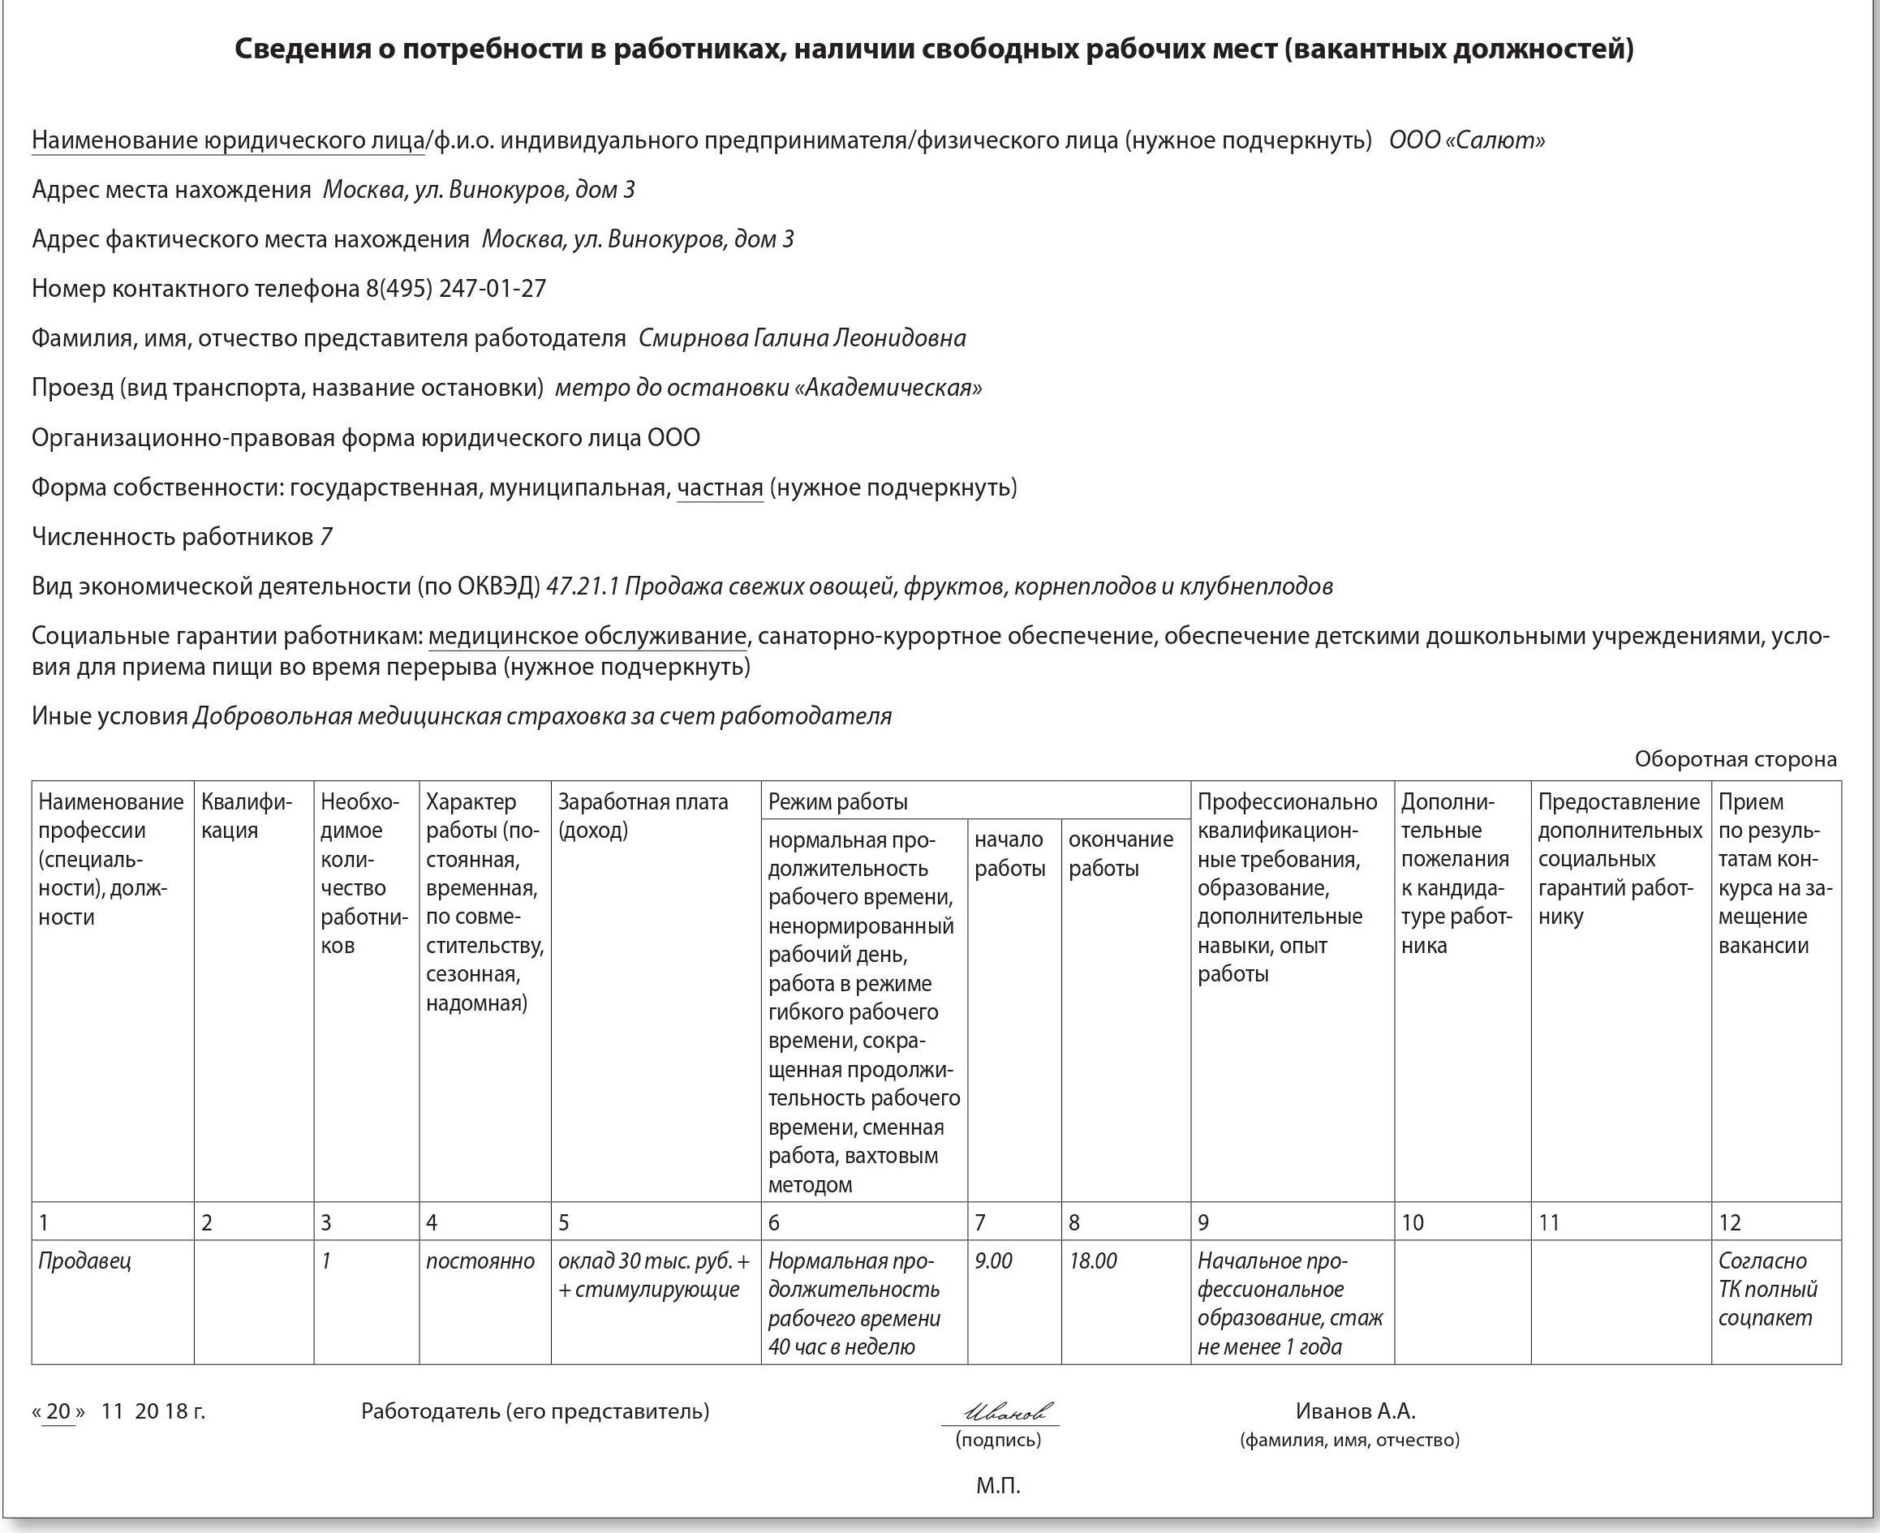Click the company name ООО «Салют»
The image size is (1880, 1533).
pos(1466,140)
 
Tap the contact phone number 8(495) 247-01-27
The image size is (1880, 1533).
pos(456,289)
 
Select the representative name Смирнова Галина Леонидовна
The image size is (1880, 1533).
pos(802,338)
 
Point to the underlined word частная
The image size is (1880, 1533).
pos(719,487)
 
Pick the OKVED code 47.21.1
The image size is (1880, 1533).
pos(583,586)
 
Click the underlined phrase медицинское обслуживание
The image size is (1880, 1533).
pos(587,636)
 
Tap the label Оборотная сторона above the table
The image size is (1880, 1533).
pos(1735,758)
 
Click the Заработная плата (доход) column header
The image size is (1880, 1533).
pos(643,816)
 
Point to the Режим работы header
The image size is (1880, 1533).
pos(837,802)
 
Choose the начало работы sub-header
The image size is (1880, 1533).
pos(1009,854)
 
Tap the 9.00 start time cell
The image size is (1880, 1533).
pos(993,1261)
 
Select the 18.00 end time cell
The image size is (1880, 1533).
pos(1093,1261)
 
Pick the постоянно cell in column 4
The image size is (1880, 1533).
pos(480,1261)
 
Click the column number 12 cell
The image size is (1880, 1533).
pos(1729,1222)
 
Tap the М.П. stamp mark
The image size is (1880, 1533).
pos(997,1485)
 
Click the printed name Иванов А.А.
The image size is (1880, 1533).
pos(1355,1411)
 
